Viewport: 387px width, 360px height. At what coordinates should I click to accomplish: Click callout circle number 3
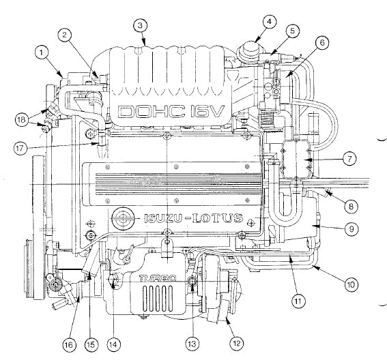[140, 26]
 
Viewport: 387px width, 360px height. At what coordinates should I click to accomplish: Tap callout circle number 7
[349, 159]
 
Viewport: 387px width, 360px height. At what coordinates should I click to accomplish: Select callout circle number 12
[236, 343]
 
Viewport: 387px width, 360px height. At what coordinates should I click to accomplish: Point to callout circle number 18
[22, 120]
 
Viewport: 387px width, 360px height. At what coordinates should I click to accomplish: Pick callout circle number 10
[351, 285]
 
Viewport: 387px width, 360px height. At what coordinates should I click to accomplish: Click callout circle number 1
[42, 52]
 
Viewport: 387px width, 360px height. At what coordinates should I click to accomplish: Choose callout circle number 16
[69, 344]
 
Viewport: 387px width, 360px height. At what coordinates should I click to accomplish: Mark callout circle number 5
[293, 31]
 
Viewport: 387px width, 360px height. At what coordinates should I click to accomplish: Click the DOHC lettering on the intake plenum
[152, 111]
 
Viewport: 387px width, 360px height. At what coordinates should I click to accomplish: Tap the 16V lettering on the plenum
[207, 111]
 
